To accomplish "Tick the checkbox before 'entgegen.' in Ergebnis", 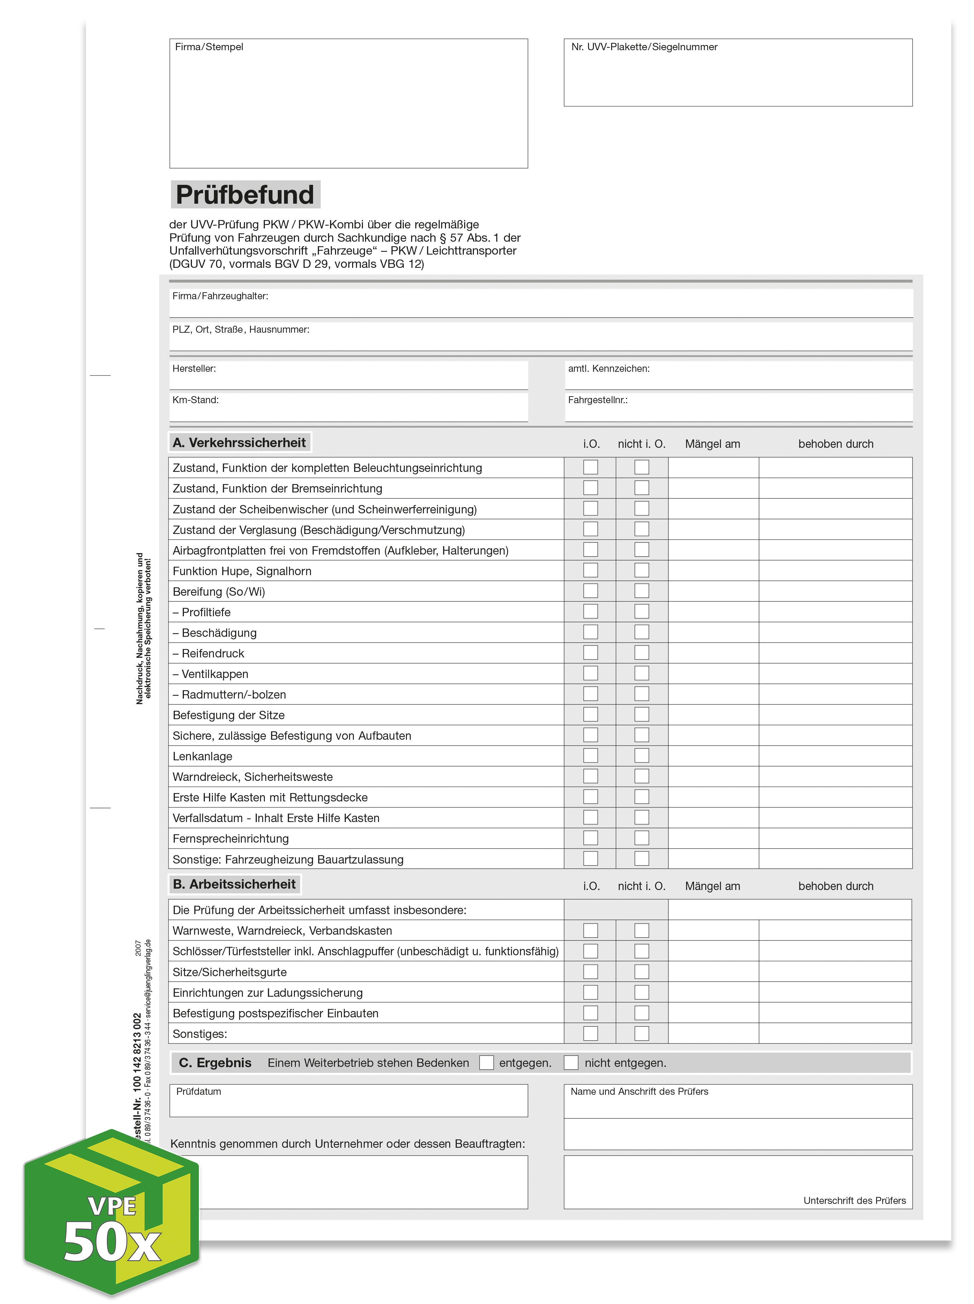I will (486, 1062).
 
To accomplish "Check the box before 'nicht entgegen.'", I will (571, 1062).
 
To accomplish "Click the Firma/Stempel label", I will (209, 47).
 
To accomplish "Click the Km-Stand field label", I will (195, 400).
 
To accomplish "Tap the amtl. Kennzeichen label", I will (609, 369).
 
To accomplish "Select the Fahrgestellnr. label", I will (597, 400).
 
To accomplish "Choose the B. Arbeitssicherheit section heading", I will (234, 884).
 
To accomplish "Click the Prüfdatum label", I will (199, 1091).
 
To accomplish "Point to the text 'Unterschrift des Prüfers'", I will (854, 1200).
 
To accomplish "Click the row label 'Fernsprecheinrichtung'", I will (231, 838).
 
